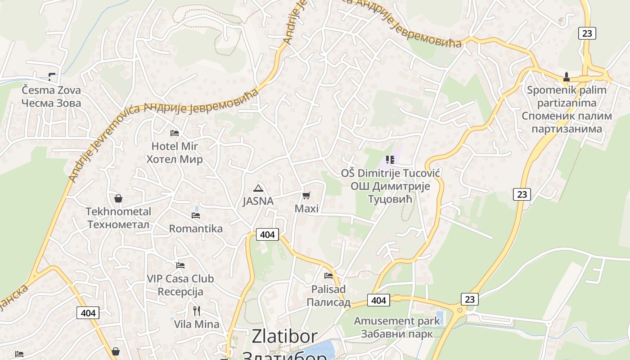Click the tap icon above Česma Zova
pyautogui.click(x=52, y=76)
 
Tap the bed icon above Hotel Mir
pyautogui.click(x=175, y=133)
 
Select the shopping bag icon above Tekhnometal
pyautogui.click(x=118, y=198)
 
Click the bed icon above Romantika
pyautogui.click(x=196, y=216)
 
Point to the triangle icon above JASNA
pyautogui.click(x=258, y=188)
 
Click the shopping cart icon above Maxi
pyautogui.click(x=306, y=195)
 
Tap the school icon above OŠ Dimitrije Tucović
pyautogui.click(x=390, y=160)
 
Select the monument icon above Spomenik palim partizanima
pyautogui.click(x=567, y=76)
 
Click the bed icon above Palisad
pyautogui.click(x=328, y=275)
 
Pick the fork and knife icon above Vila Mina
pyautogui.click(x=197, y=310)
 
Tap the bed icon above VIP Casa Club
pyautogui.click(x=180, y=265)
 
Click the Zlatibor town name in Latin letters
pyautogui.click(x=284, y=337)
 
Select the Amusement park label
pyautogui.click(x=396, y=321)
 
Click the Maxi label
pyautogui.click(x=306, y=209)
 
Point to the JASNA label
pyautogui.click(x=258, y=201)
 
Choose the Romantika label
pyautogui.click(x=196, y=229)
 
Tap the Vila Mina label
pyautogui.click(x=197, y=324)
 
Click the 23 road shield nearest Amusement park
pyautogui.click(x=469, y=299)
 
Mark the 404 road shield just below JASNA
pyautogui.click(x=267, y=234)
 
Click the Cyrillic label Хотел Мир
pyautogui.click(x=175, y=159)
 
